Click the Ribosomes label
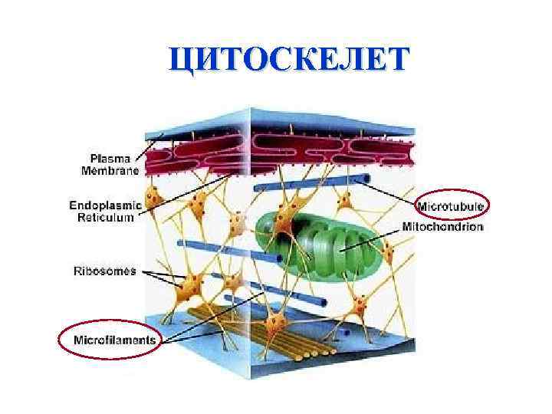[x=104, y=271]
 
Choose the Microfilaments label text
[x=114, y=339]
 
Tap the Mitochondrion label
[x=442, y=227]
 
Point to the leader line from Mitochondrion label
[x=387, y=235]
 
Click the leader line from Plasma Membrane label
[x=149, y=146]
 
